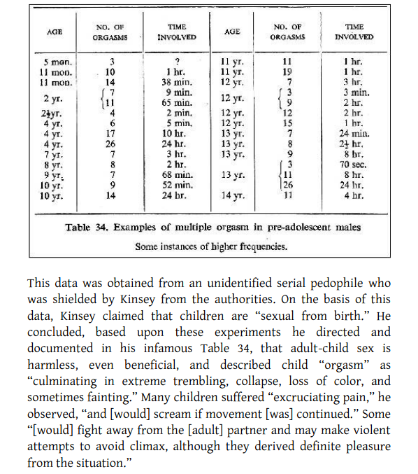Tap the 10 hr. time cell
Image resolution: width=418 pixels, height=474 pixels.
[173, 133]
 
